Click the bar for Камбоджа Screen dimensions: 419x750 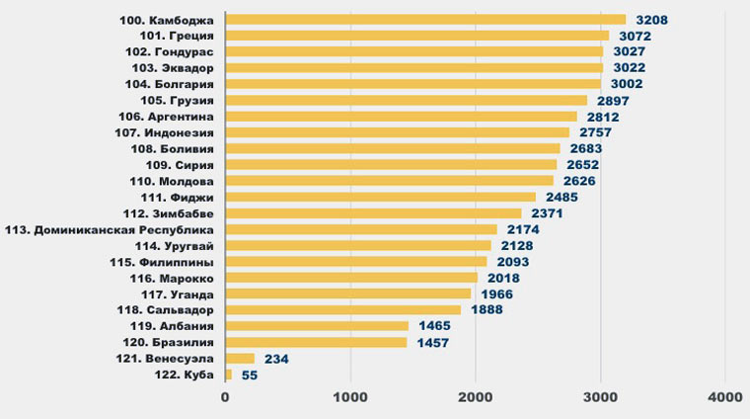tap(425, 19)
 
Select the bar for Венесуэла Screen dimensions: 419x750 tap(240, 359)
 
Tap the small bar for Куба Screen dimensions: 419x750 tap(229, 375)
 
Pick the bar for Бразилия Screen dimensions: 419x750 tap(316, 343)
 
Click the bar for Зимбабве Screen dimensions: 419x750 tap(373, 213)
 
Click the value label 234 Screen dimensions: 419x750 tap(276, 359)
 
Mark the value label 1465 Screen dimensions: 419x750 tap(433, 326)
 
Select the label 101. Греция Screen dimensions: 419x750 tap(172, 35)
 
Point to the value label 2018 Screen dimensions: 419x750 tap(503, 278)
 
